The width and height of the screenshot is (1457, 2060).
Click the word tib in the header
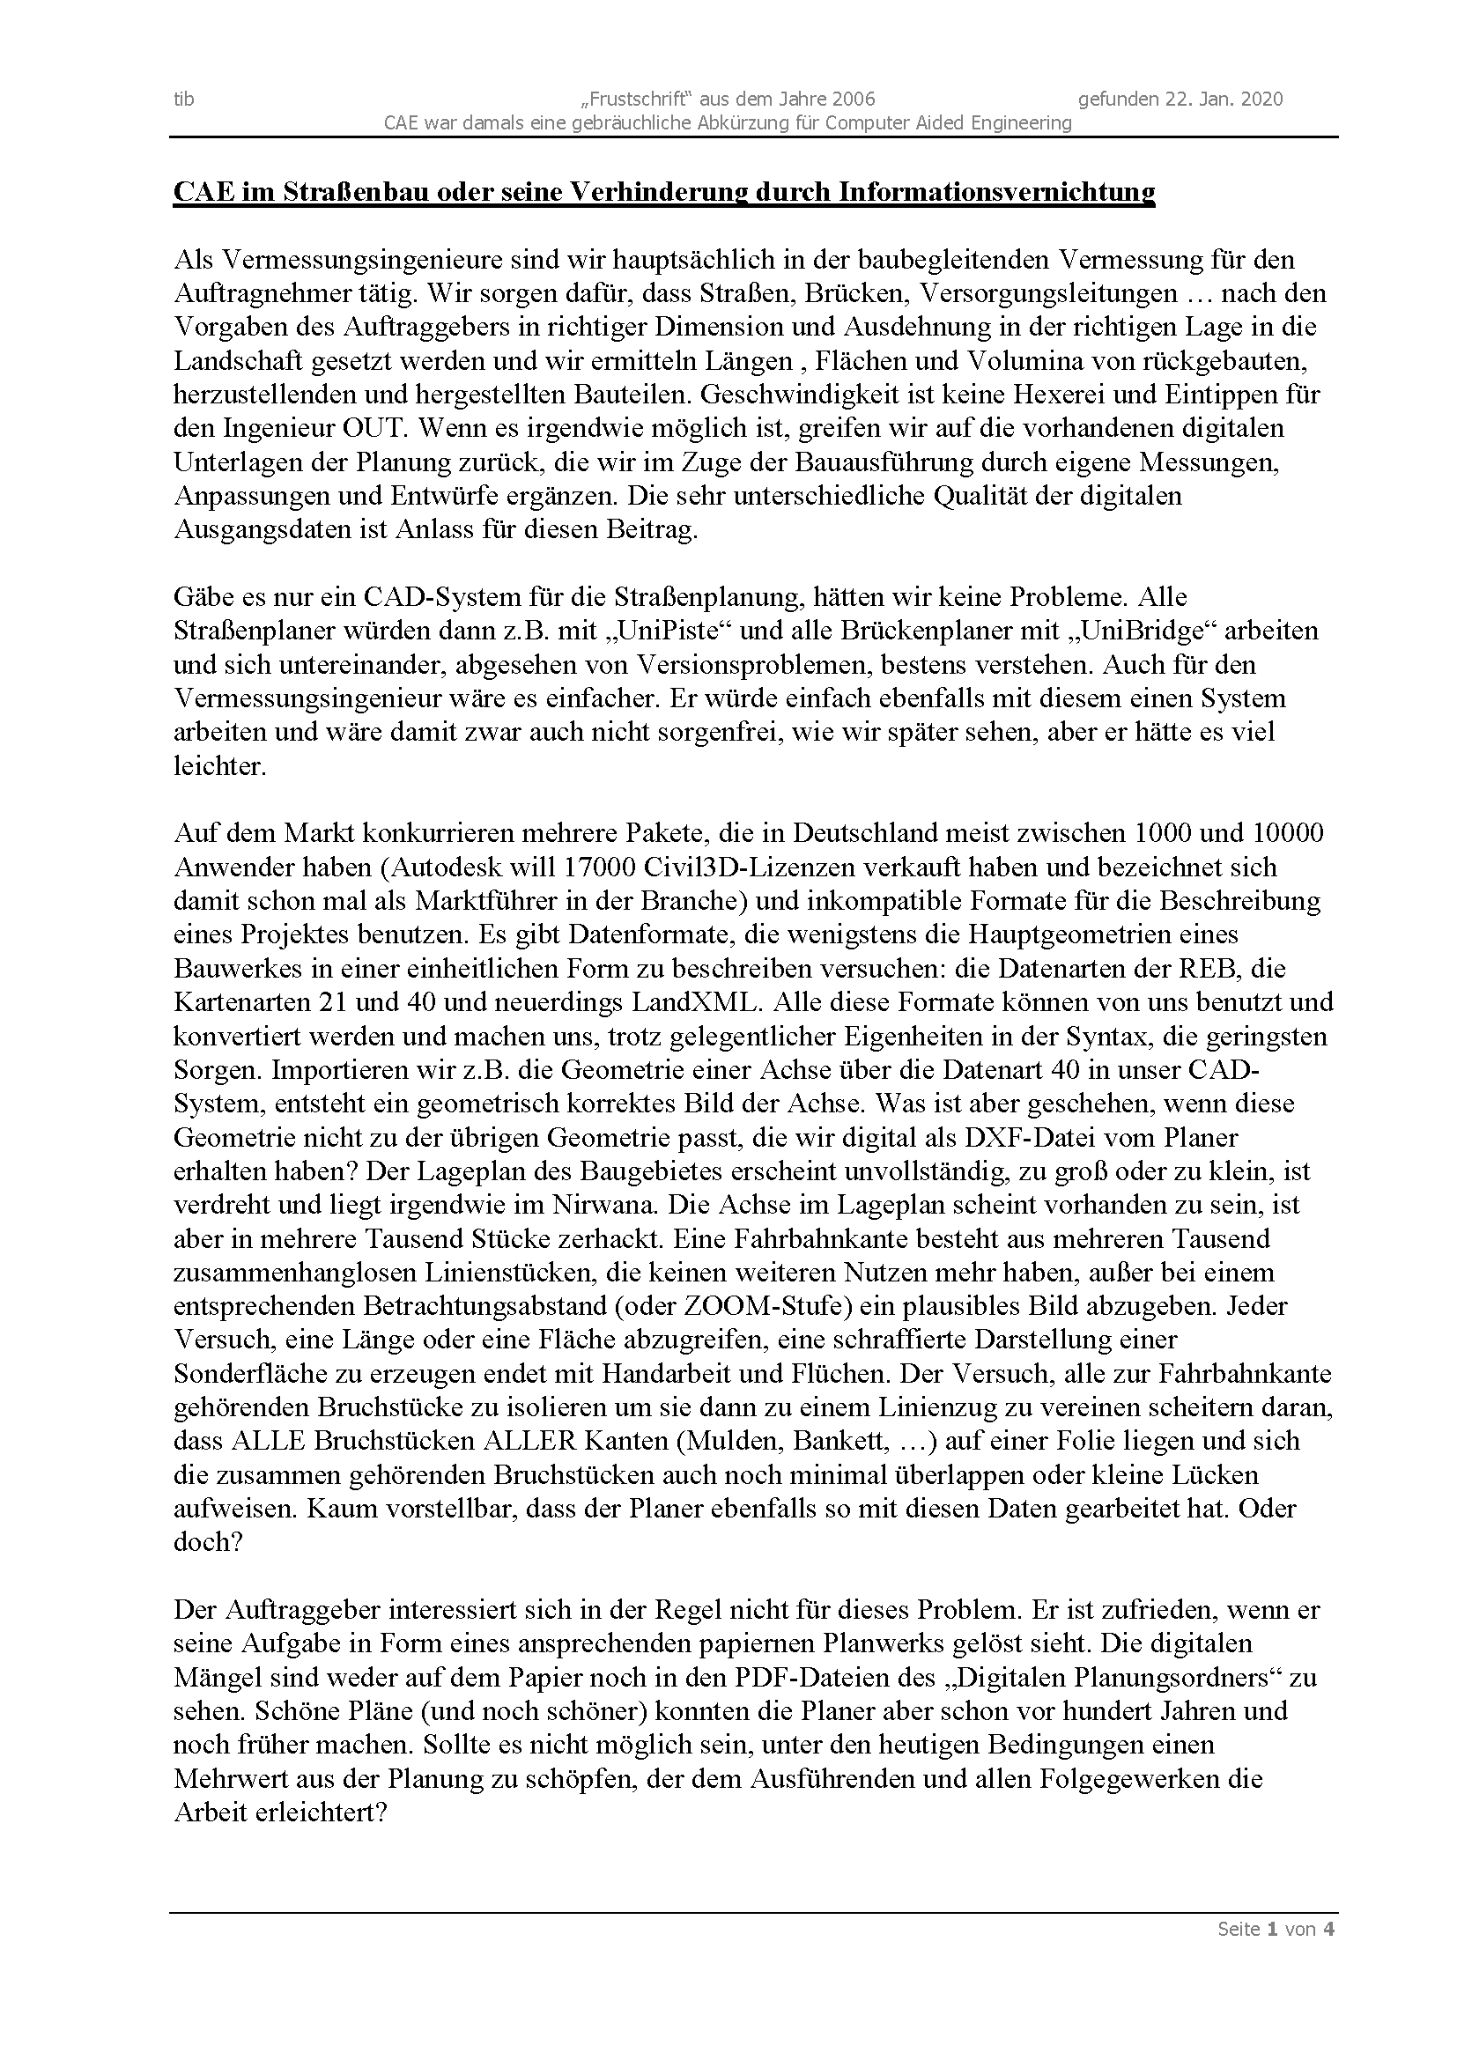[x=184, y=99]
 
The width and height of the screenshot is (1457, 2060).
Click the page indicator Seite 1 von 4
[x=1275, y=1929]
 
